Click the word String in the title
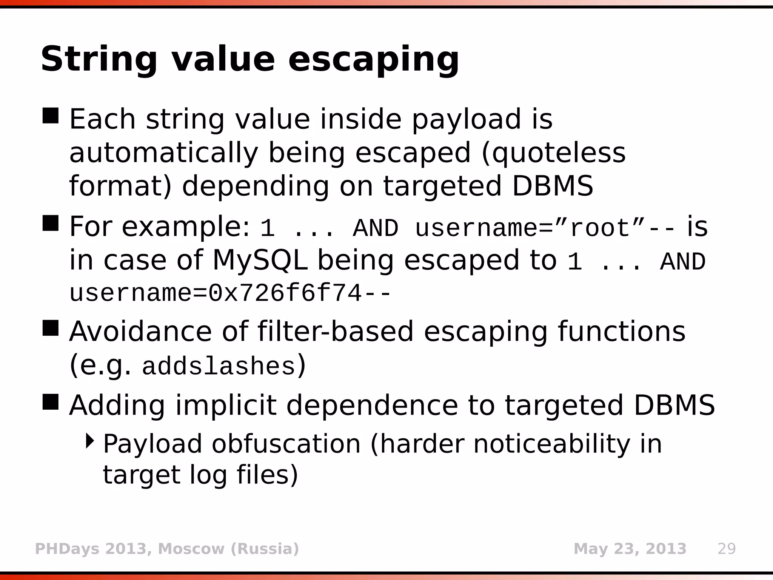tap(99, 60)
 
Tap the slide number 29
tap(727, 549)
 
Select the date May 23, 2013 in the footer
tap(630, 549)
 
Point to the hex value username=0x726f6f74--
tap(230, 293)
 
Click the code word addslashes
tap(219, 367)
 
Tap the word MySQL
tap(260, 260)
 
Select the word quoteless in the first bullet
tap(559, 153)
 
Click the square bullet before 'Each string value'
tap(51, 116)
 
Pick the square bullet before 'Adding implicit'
tap(51, 402)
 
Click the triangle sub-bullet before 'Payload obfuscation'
tap(90, 441)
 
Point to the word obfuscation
tap(286, 444)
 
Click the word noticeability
tap(551, 444)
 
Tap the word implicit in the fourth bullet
tap(226, 406)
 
